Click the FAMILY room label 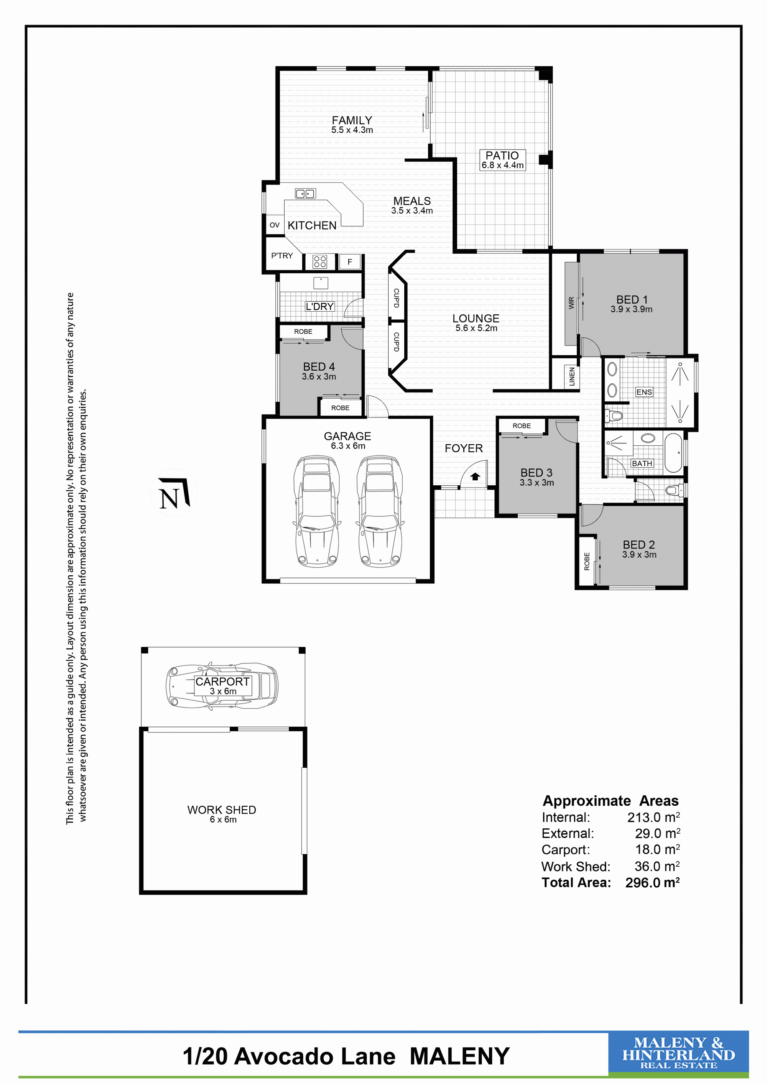352,120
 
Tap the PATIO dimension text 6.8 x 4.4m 502,165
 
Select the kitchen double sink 305,194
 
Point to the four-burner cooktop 320,261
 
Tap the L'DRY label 320,306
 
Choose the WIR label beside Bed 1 571,303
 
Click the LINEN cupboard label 572,376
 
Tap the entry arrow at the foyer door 475,476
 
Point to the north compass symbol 174,493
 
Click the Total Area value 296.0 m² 653,882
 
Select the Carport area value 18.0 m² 657,849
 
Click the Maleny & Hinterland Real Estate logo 678,1053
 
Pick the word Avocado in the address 314,1056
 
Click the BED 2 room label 639,544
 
